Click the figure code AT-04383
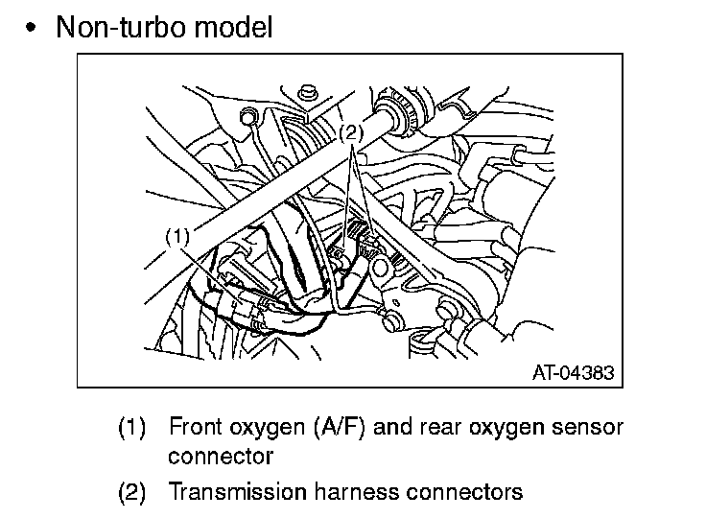point(573,370)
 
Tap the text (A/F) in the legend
point(339,426)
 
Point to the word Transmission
point(238,492)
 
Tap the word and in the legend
point(390,426)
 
